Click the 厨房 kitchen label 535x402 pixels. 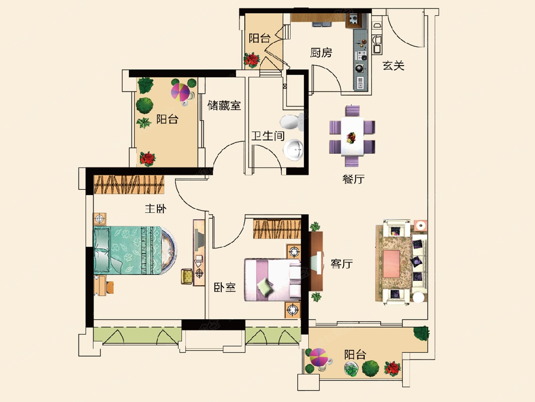(x=321, y=53)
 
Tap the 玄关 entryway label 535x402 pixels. (x=393, y=66)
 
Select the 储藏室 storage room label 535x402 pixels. (x=224, y=106)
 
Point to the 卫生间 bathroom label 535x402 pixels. (x=267, y=136)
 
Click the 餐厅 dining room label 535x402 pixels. (x=354, y=180)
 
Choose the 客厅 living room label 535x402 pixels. (x=342, y=264)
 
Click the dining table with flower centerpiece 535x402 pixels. (x=352, y=137)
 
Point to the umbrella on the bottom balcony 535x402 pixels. (x=318, y=358)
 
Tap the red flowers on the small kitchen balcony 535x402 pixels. (x=252, y=59)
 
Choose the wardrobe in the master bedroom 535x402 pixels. (x=129, y=185)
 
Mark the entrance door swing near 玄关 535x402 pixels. (x=403, y=29)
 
